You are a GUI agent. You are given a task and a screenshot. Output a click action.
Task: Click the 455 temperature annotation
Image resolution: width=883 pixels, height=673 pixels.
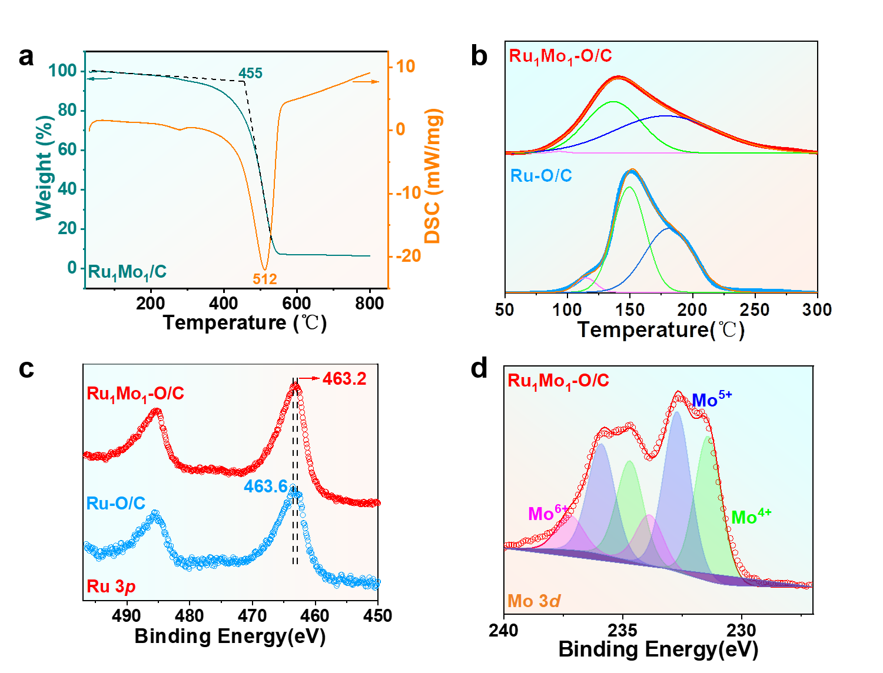[250, 74]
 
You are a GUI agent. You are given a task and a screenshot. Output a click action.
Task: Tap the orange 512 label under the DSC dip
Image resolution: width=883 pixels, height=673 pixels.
[265, 279]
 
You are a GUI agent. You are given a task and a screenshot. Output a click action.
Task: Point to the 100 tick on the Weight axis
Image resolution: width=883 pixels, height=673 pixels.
[63, 71]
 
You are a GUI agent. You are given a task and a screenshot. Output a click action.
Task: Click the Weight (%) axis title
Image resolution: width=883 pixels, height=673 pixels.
[45, 168]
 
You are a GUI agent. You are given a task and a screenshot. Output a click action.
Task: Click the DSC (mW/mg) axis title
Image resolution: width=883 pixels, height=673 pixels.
[434, 176]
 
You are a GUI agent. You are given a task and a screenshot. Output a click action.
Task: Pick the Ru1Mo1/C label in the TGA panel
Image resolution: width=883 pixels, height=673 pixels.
[127, 272]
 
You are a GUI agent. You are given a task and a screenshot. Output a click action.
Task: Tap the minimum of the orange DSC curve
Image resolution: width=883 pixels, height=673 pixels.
[264, 268]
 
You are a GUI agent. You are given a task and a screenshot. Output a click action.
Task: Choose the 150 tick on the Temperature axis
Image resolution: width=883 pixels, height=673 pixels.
[630, 309]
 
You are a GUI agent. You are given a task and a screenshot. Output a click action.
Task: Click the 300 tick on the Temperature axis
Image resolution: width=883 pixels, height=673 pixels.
[817, 309]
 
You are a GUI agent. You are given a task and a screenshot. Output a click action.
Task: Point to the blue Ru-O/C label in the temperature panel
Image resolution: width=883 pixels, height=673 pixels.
[541, 176]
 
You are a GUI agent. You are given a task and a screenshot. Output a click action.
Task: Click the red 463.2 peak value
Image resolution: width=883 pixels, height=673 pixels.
[344, 379]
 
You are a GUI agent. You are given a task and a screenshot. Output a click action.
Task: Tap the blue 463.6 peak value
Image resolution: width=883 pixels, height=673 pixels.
[266, 487]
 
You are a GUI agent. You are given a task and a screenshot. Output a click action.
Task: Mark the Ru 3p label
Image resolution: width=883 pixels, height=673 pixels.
[111, 587]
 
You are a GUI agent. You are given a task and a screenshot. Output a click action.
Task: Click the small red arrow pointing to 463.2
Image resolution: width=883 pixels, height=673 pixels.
[309, 379]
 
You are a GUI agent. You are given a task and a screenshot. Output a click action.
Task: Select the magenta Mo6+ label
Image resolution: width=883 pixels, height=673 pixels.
[547, 514]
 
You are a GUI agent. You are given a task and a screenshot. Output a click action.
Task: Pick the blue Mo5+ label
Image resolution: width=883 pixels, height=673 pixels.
[712, 400]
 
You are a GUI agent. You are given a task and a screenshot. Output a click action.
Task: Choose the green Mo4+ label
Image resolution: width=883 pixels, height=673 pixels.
[751, 517]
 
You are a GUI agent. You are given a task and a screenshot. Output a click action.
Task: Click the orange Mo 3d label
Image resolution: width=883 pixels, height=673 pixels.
[534, 601]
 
